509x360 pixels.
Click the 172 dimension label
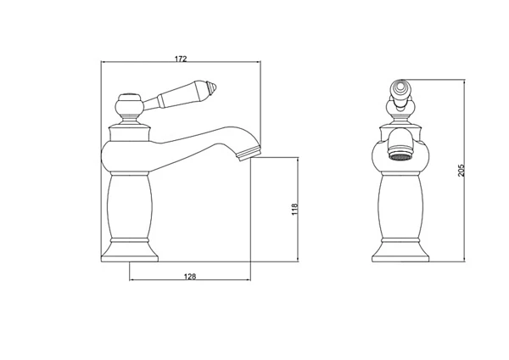coord(181,59)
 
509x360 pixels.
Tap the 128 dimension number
coord(190,277)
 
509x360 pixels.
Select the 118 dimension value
coord(294,209)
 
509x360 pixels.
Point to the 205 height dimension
coord(461,171)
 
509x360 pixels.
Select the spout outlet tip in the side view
coord(249,154)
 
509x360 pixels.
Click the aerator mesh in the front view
coord(402,158)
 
